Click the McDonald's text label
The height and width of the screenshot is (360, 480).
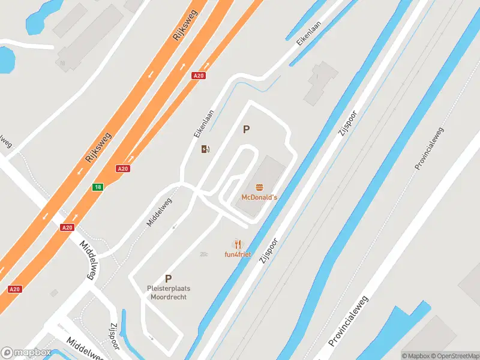click(x=259, y=197)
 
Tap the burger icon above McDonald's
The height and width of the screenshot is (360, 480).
click(x=259, y=188)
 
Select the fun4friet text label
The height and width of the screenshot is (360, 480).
click(x=238, y=254)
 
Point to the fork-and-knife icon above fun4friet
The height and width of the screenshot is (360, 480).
click(x=238, y=244)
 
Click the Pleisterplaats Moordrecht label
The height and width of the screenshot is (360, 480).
click(x=169, y=293)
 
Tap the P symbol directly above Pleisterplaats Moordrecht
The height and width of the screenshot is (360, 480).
click(x=169, y=278)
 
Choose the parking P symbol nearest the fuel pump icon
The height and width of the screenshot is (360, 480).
click(x=246, y=129)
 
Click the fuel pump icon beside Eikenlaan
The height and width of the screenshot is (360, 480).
click(x=206, y=149)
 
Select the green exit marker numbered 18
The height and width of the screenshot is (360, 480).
click(x=97, y=187)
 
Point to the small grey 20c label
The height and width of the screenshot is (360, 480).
click(x=204, y=254)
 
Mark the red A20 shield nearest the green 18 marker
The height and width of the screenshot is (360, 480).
click(x=123, y=169)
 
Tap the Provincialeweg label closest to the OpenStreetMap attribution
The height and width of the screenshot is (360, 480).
click(x=349, y=321)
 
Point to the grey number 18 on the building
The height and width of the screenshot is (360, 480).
click(x=62, y=62)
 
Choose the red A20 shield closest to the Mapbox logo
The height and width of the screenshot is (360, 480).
click(x=15, y=289)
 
